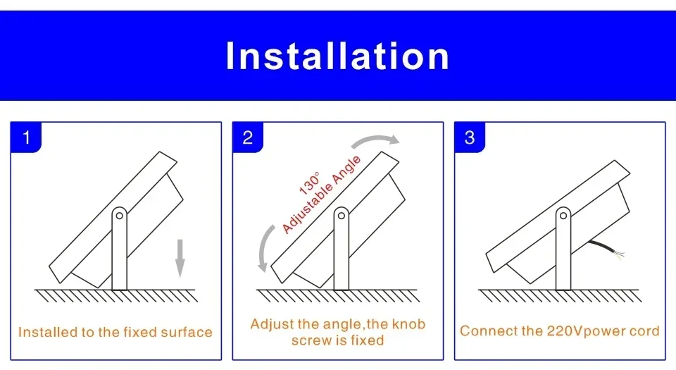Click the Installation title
click(x=337, y=56)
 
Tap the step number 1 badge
click(x=26, y=137)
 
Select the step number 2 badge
click(x=247, y=137)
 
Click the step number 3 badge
click(x=470, y=137)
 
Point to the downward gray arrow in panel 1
click(x=180, y=257)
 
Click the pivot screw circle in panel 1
click(x=120, y=213)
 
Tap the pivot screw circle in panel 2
click(x=342, y=213)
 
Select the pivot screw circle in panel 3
click(x=563, y=213)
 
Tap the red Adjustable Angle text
click(x=322, y=195)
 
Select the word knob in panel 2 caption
click(x=409, y=325)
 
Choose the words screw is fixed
click(x=337, y=340)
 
